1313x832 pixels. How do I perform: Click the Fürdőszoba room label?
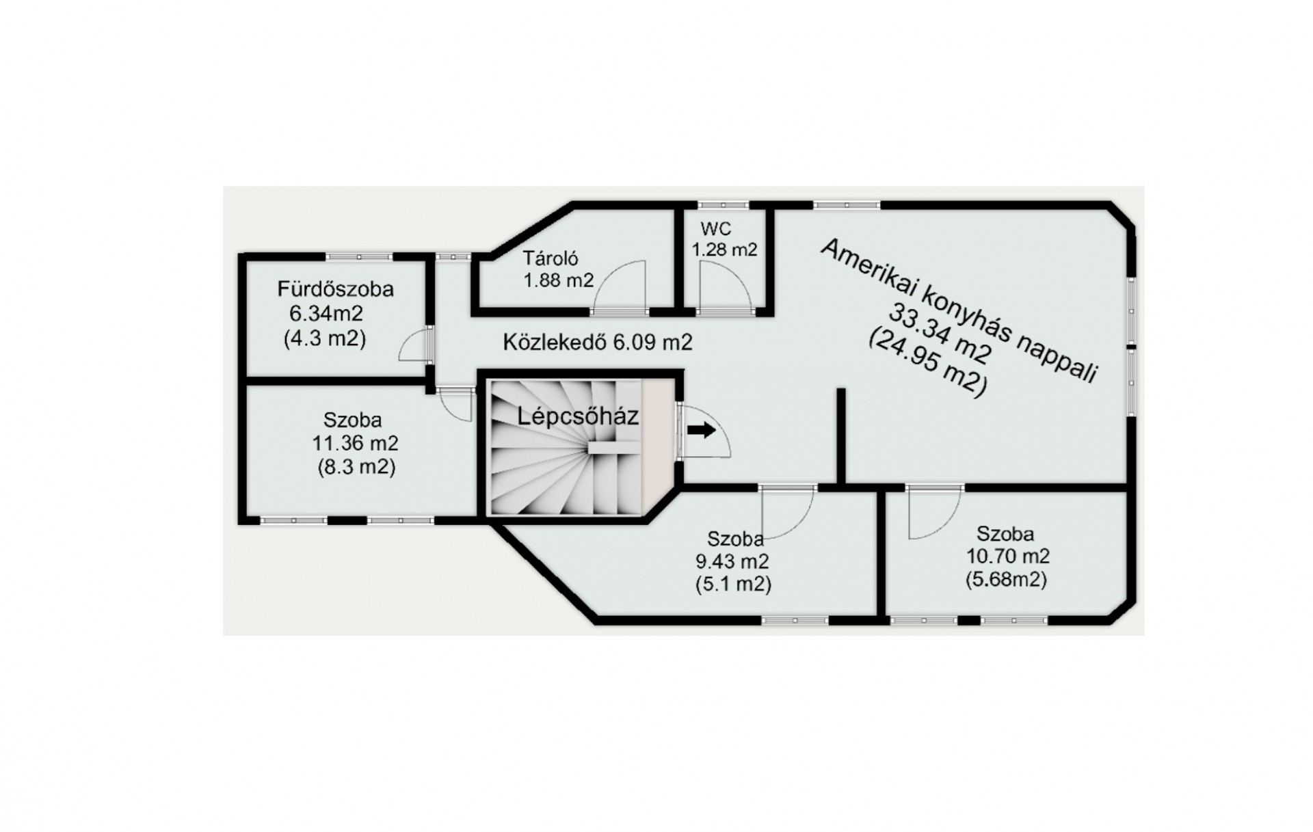[x=335, y=289]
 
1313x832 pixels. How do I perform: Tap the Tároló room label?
[x=551, y=258]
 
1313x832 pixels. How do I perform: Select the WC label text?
[x=715, y=228]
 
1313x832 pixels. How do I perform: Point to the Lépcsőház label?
[x=578, y=416]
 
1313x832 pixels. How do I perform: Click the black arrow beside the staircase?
[x=702, y=430]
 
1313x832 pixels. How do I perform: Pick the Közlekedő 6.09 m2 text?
[x=598, y=342]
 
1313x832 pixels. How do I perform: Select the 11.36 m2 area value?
[x=355, y=443]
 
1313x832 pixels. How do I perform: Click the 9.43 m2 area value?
[x=732, y=562]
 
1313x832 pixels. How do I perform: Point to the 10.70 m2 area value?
[x=1007, y=556]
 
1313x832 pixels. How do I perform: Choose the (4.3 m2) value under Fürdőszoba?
[x=325, y=338]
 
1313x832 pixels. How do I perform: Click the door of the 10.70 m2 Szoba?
[x=934, y=513]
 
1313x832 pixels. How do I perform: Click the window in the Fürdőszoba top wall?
[x=359, y=257]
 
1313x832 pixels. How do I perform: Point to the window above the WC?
[x=724, y=204]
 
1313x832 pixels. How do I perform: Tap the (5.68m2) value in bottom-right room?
[x=1006, y=580]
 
